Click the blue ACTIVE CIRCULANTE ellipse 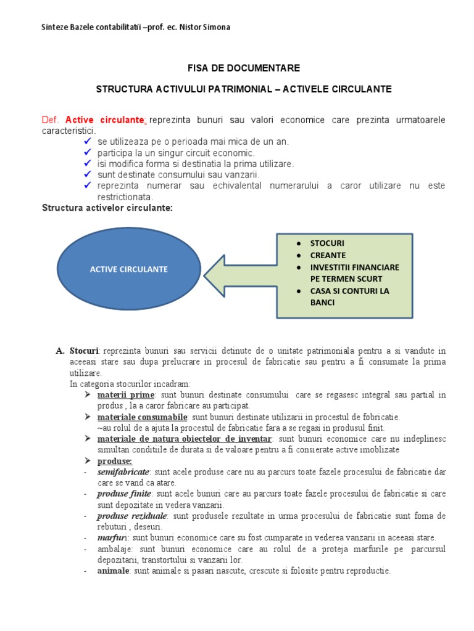[129, 269]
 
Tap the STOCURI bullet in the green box [328, 243]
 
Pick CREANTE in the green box [328, 255]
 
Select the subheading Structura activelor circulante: [107, 208]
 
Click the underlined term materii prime [125, 394]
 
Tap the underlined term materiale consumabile [142, 417]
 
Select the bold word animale [113, 571]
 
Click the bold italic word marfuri [112, 538]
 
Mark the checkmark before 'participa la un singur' [87, 152]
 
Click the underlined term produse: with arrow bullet [115, 460]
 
